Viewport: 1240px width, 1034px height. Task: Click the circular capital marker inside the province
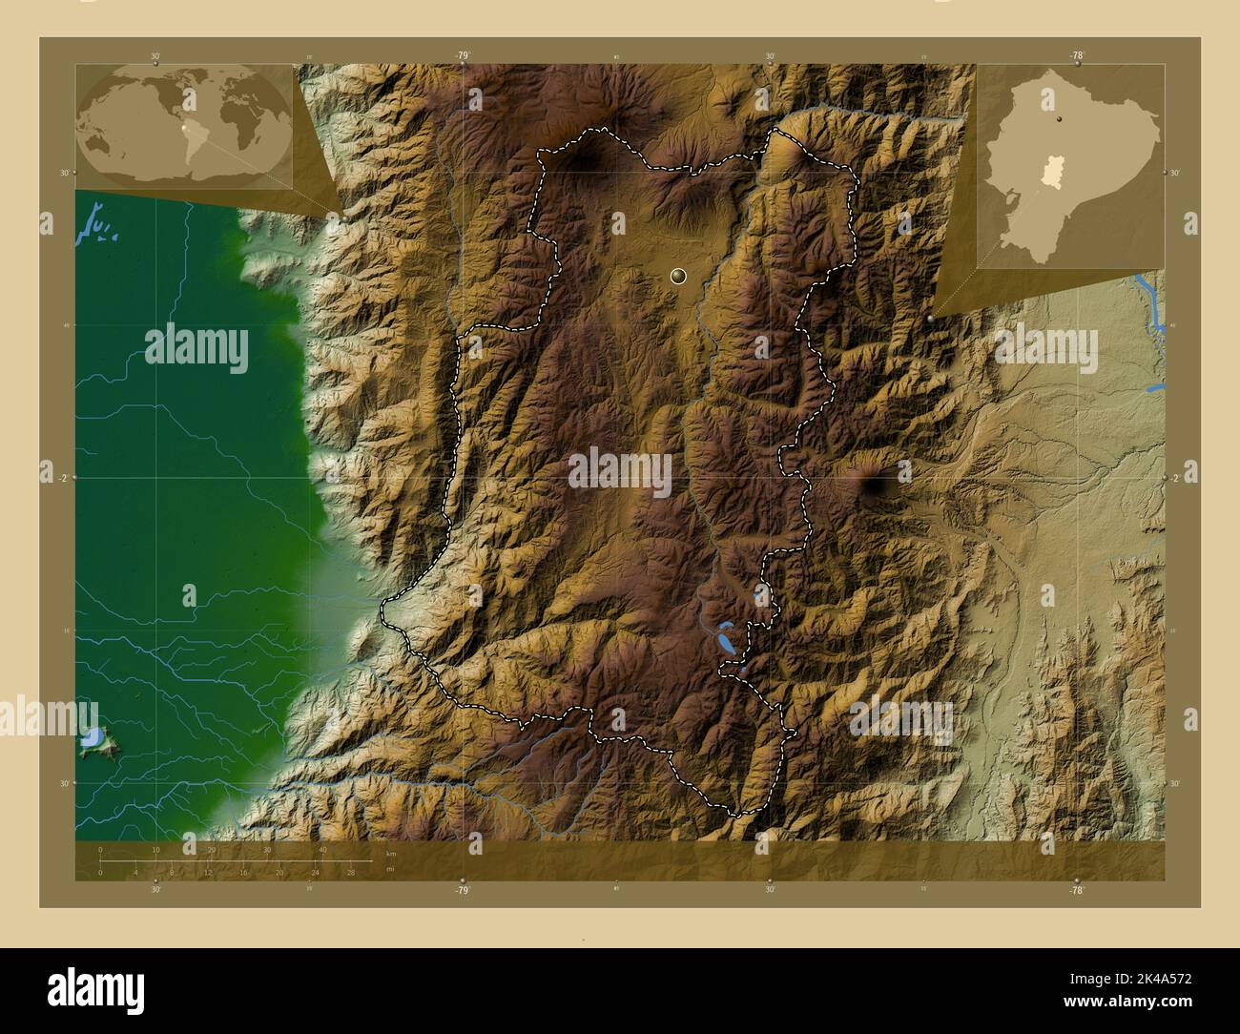tap(678, 277)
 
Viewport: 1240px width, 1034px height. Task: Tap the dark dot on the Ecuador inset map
tap(1059, 119)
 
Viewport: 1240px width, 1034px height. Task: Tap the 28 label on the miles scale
tap(351, 872)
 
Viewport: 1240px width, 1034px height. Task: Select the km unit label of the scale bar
tap(391, 853)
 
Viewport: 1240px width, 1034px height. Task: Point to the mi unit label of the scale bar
tap(391, 869)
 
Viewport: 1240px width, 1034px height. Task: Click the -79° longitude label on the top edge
tap(463, 56)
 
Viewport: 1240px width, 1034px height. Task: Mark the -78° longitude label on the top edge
tap(1077, 56)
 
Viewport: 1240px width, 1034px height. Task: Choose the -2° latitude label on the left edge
tap(61, 478)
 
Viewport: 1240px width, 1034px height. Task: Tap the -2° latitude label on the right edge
tap(1175, 478)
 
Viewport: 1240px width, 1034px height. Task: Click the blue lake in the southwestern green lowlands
tap(93, 738)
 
